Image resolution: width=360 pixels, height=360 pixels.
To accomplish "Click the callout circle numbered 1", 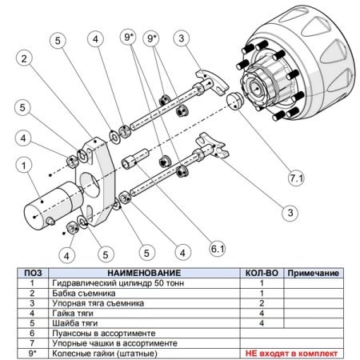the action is tap(24, 166).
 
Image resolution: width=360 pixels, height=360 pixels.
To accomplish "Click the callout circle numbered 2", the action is tap(24, 58).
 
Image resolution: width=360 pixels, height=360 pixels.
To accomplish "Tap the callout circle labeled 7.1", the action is tap(296, 178).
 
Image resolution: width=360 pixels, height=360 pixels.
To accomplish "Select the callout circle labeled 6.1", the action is tap(218, 249).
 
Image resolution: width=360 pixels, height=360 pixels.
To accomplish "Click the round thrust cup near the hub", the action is tap(234, 101).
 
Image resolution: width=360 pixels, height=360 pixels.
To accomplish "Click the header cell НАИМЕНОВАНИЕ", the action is tap(144, 273).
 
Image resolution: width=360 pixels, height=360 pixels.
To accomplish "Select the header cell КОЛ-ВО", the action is tap(262, 273).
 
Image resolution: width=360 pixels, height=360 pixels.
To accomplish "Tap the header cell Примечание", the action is tap(314, 273).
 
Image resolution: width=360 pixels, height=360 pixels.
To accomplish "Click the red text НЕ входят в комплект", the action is tap(291, 354).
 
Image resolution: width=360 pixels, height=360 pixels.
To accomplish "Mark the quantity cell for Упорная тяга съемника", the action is tap(262, 303).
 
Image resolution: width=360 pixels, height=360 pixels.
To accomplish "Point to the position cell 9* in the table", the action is tap(33, 354).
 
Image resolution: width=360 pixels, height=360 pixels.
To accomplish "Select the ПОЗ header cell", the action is tap(33, 273).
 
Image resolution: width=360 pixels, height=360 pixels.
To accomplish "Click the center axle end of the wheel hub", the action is tap(256, 89).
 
